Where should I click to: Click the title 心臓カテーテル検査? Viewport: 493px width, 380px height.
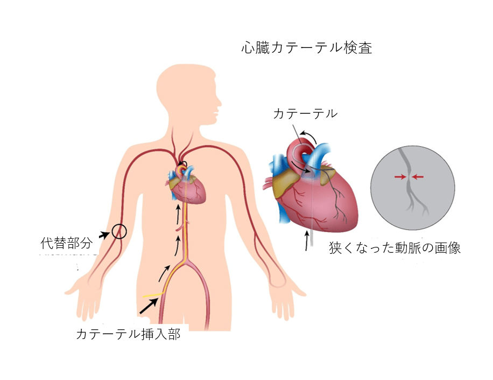point(306,48)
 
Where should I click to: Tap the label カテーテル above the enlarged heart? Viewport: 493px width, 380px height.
point(305,114)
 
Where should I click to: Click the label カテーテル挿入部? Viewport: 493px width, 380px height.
point(128,334)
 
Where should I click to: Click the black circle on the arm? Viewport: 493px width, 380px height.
point(119,232)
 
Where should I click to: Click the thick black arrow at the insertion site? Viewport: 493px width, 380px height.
point(149,306)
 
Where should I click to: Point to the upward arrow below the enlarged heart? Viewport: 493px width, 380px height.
point(307,240)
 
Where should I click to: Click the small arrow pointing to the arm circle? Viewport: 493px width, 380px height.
point(105,234)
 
